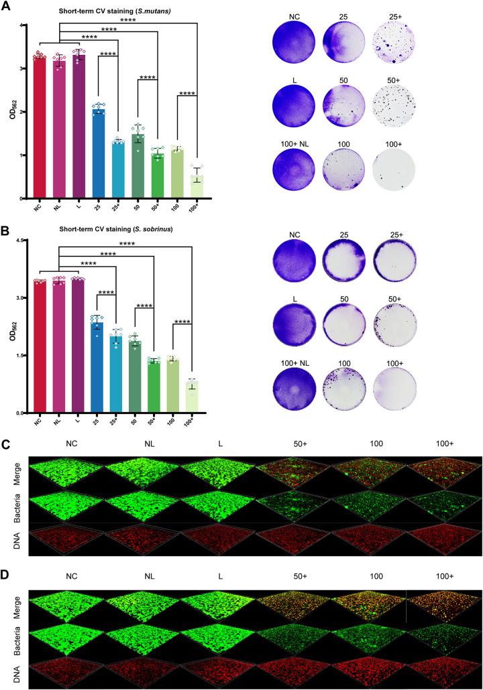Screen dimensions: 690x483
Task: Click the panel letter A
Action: point(6,6)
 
